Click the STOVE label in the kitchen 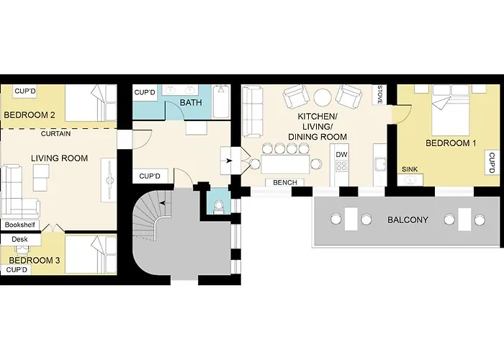coord(379,94)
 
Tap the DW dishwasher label coord(341,155)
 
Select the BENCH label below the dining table coord(285,183)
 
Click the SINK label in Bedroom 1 coord(410,169)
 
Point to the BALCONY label coord(408,220)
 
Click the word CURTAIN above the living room coord(56,133)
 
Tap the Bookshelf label coord(19,225)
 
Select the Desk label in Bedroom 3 coord(19,239)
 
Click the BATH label coord(191,102)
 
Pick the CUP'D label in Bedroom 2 coord(25,91)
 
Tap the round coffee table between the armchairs coord(323,97)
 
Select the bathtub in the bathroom coord(221,102)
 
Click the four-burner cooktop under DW coord(341,166)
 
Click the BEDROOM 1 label coord(451,143)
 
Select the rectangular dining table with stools coord(285,164)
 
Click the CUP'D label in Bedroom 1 coord(492,163)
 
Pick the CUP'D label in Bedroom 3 coord(17,270)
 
